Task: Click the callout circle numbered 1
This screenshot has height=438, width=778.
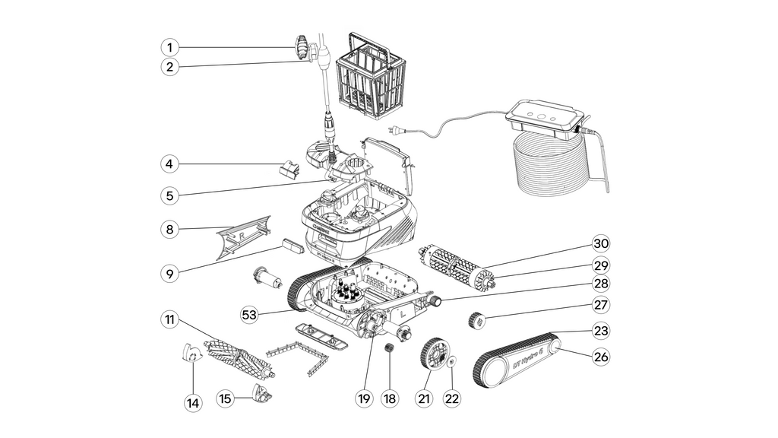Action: pyautogui.click(x=170, y=47)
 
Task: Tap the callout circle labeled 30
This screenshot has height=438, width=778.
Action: pyautogui.click(x=602, y=243)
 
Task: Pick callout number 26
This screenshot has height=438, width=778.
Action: pyautogui.click(x=602, y=356)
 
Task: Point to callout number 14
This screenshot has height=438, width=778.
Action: pyautogui.click(x=193, y=403)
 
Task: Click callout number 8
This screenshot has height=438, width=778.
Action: pyautogui.click(x=170, y=229)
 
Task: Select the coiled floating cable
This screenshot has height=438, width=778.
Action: pyautogui.click(x=550, y=167)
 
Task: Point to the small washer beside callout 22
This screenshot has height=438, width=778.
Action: pyautogui.click(x=449, y=363)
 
